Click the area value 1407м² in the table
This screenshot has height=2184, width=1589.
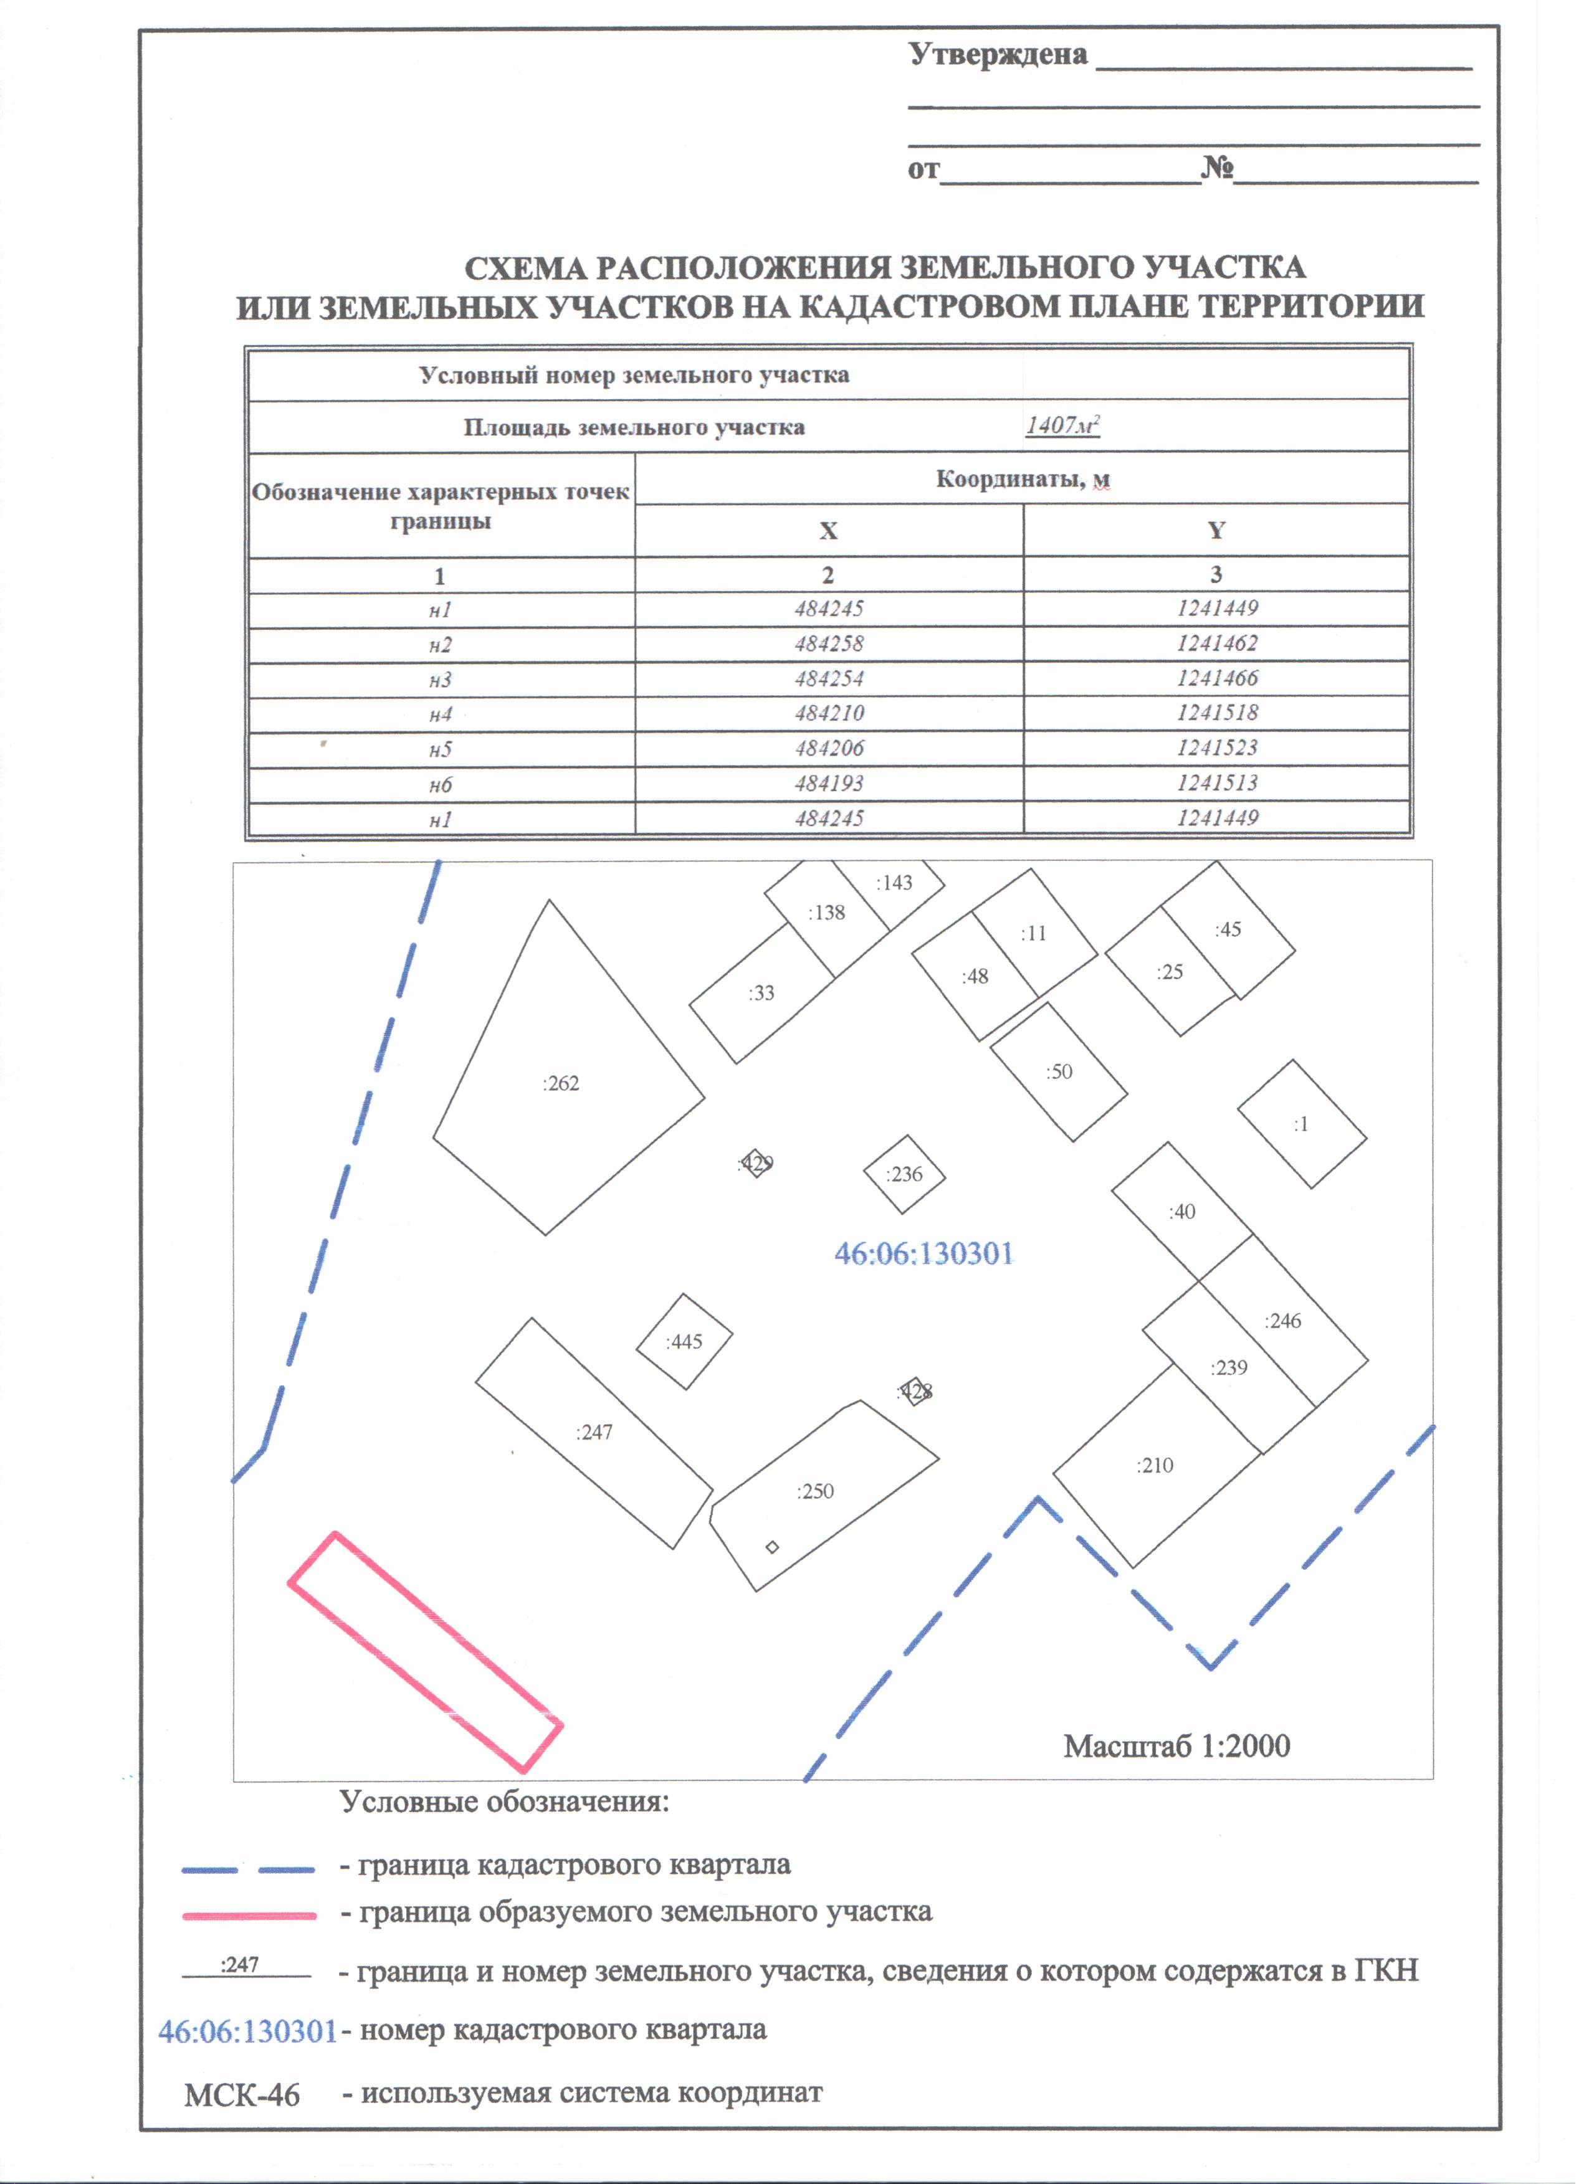[x=1062, y=425]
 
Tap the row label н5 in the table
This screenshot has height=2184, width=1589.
[x=440, y=749]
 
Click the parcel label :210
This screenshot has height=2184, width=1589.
[x=1155, y=1466]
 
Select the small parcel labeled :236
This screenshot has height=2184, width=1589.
[x=904, y=1174]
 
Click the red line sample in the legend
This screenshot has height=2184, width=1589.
[x=249, y=1916]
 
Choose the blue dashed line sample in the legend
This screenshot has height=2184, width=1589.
[x=249, y=1870]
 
